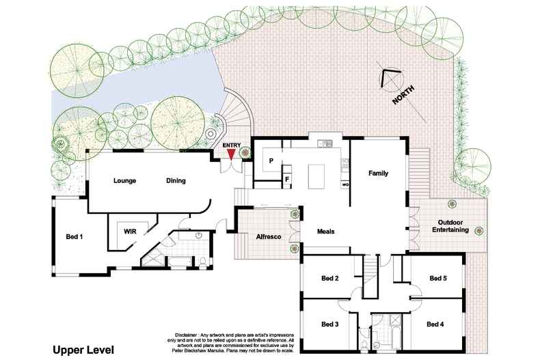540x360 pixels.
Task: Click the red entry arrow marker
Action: click(232, 155)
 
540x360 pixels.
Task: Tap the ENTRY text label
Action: click(232, 145)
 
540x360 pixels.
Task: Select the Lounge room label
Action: click(125, 181)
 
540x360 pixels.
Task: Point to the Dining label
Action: click(176, 181)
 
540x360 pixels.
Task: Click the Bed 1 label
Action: click(74, 236)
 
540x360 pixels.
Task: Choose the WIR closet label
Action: click(131, 232)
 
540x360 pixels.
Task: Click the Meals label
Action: click(326, 232)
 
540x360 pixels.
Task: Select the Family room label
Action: click(378, 174)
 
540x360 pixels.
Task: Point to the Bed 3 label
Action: click(330, 324)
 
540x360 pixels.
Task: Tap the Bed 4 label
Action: click(435, 324)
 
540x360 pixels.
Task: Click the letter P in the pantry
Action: click(271, 161)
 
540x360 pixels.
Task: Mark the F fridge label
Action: click(287, 180)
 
